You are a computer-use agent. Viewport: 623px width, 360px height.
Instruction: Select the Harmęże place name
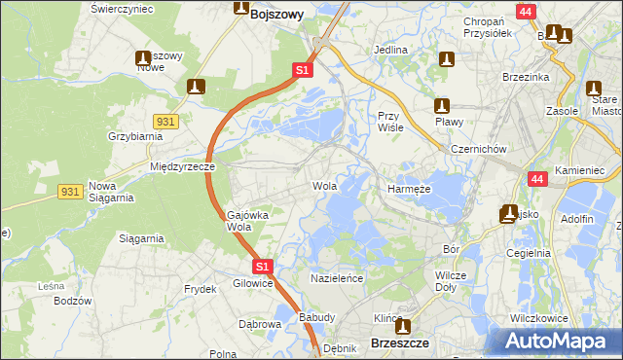(x=410, y=189)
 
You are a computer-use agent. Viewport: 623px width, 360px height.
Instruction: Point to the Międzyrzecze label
(x=182, y=166)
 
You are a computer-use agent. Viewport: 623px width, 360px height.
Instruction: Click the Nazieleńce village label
(x=337, y=278)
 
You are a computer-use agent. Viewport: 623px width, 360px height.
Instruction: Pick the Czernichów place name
(x=478, y=149)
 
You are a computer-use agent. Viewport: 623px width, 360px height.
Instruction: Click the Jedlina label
(x=390, y=49)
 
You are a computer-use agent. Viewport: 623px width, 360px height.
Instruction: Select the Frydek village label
(x=200, y=290)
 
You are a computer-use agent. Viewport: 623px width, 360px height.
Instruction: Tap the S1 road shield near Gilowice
(x=261, y=266)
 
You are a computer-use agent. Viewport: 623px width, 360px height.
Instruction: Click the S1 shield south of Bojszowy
(x=303, y=71)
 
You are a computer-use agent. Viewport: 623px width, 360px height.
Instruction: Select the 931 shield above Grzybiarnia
(x=165, y=119)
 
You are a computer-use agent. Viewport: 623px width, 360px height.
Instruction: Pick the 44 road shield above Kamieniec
(x=537, y=179)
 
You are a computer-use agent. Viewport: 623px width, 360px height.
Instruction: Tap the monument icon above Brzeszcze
(x=401, y=326)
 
